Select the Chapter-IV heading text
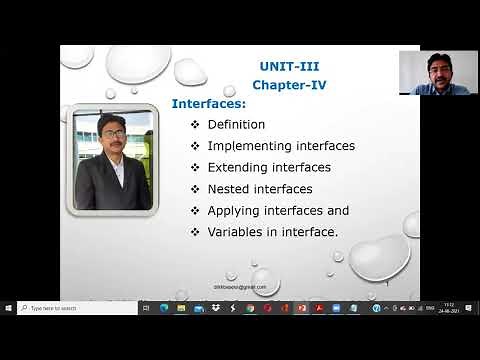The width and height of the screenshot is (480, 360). [x=288, y=85]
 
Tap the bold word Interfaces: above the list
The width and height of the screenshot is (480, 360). [x=208, y=103]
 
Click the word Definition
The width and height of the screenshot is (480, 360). [x=236, y=125]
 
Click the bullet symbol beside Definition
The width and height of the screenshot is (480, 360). [x=195, y=125]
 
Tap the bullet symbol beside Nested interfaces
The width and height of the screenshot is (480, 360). [x=195, y=188]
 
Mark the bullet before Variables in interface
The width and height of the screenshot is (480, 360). [x=195, y=231]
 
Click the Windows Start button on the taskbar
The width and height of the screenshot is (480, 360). [x=8, y=308]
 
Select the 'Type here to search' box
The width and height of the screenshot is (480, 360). [x=76, y=308]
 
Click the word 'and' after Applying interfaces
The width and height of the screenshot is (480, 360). [x=338, y=210]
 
